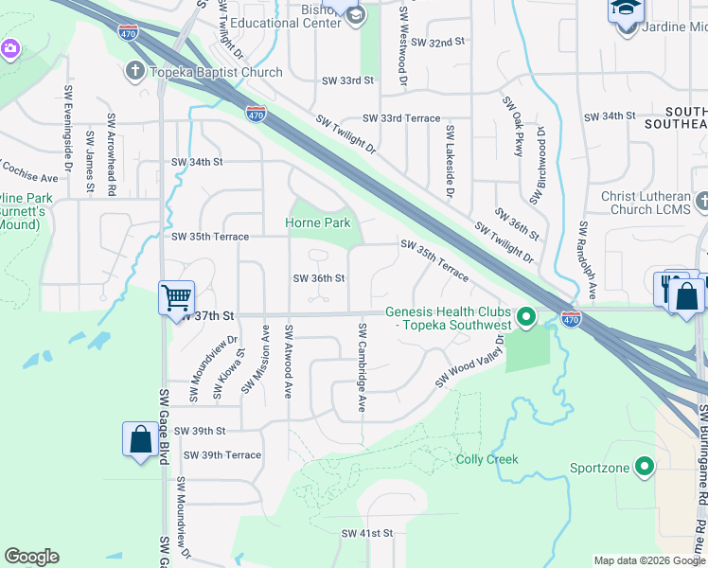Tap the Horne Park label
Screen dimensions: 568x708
(x=318, y=223)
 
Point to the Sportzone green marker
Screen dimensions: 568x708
(x=646, y=467)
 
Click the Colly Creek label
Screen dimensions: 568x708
(x=487, y=460)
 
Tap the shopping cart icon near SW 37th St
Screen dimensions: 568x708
(x=176, y=298)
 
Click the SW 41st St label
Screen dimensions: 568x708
(x=367, y=534)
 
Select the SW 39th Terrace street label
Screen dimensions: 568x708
(x=222, y=455)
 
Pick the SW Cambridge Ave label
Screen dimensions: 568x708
(x=362, y=366)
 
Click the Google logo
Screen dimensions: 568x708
(x=32, y=556)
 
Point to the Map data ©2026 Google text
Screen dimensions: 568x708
(x=648, y=560)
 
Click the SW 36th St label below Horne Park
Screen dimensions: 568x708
(x=318, y=278)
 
